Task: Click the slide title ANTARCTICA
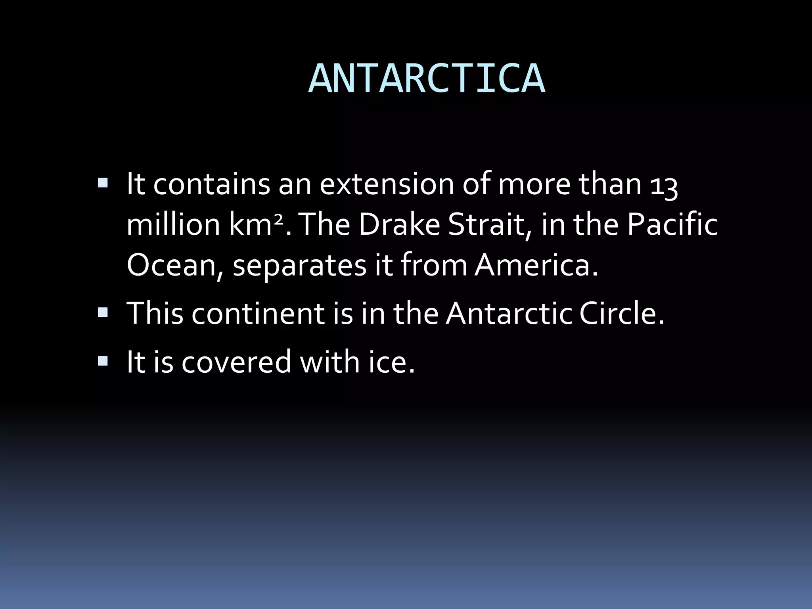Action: (427, 79)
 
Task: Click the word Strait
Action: (490, 225)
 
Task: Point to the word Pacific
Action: (672, 225)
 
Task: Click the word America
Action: (536, 266)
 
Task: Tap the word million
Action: (173, 225)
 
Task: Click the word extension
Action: (387, 185)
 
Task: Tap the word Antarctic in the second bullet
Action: (509, 314)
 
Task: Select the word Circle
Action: (621, 314)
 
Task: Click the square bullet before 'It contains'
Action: (102, 183)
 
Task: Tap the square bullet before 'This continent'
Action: (102, 312)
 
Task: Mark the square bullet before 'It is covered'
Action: (102, 361)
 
